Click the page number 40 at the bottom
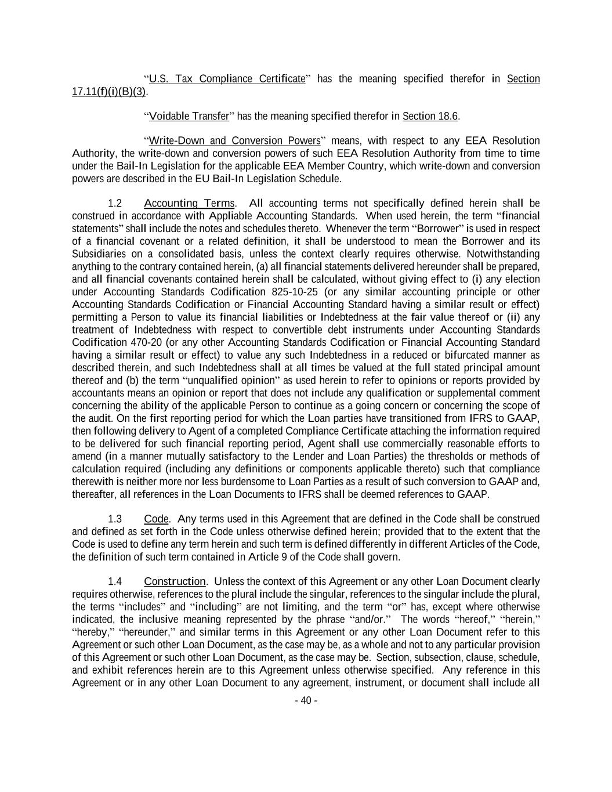tap(306, 700)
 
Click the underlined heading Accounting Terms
tap(189, 203)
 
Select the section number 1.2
tap(115, 203)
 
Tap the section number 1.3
tap(115, 519)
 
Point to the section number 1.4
tap(115, 581)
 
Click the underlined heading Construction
tap(175, 581)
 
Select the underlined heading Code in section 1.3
tap(156, 519)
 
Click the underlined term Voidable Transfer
tap(189, 116)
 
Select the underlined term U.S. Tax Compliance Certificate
tap(227, 79)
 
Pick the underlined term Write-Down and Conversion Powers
tap(235, 141)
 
